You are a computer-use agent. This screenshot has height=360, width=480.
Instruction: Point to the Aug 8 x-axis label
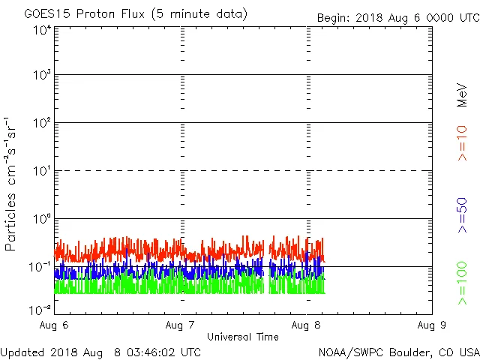click(307, 325)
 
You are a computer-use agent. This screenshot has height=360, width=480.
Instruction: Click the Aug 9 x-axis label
click(432, 325)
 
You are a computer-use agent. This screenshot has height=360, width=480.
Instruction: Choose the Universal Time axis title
click(242, 337)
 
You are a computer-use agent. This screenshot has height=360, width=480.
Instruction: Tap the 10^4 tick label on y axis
click(41, 30)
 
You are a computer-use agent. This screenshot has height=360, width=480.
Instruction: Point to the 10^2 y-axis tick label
click(41, 124)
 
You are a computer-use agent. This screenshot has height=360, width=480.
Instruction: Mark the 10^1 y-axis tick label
click(41, 172)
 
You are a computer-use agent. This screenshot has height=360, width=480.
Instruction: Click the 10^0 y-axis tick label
click(41, 220)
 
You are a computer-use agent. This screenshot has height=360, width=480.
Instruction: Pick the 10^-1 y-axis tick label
click(40, 268)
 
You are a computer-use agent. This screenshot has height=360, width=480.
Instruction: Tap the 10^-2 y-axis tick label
click(40, 308)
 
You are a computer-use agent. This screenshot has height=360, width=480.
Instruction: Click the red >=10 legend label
click(463, 142)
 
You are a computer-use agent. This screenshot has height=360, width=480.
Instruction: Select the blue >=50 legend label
click(463, 216)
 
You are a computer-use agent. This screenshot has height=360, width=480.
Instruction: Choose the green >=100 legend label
click(463, 283)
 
